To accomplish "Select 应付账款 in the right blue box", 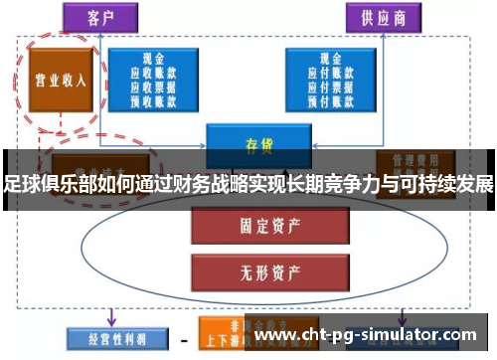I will pos(322,71).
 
